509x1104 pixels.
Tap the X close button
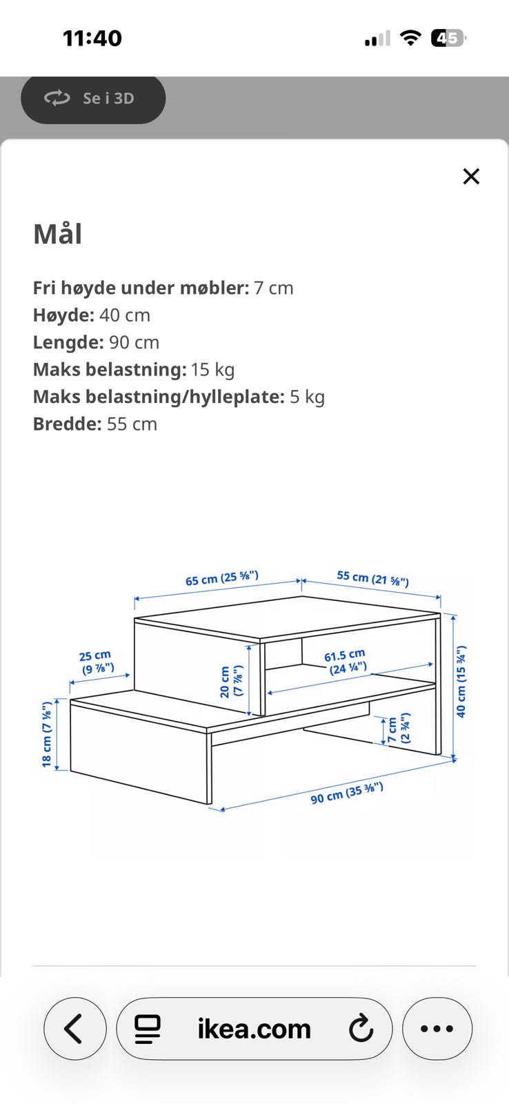coord(471,176)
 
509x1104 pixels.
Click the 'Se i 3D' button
coord(93,99)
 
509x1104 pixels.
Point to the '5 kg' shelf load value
coord(307,397)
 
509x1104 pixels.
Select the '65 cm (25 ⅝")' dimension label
coord(221,578)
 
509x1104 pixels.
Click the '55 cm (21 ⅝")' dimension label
coord(373,578)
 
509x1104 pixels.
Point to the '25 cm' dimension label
coord(95,656)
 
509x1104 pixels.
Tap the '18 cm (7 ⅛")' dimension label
coord(47,734)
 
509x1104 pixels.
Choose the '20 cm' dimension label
coord(225,682)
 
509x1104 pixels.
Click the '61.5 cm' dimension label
coord(344,655)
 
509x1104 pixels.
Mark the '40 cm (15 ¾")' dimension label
coord(461,681)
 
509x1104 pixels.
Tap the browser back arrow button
coord(75,1029)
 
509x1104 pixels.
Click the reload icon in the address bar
coord(361,1028)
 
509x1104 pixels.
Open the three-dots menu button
coord(437,1029)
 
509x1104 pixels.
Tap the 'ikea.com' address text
coord(254,1029)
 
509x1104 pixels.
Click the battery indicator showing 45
coord(448,38)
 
